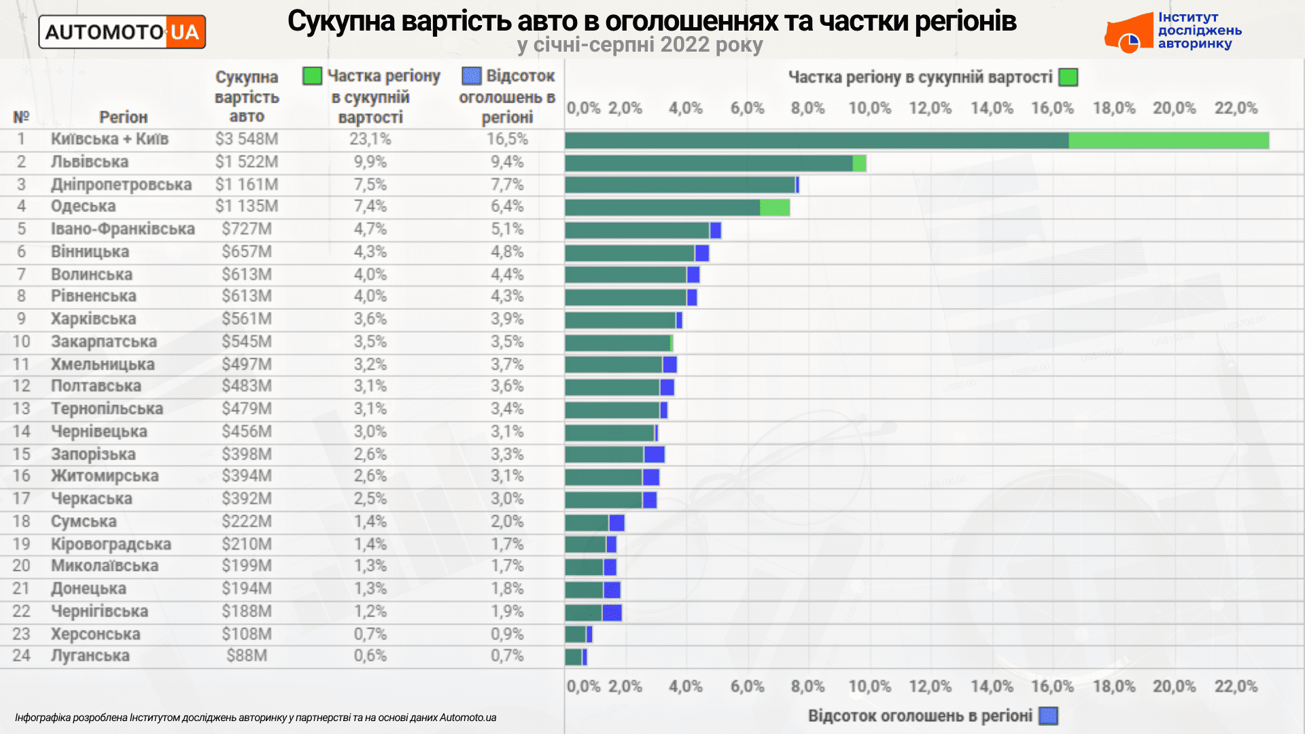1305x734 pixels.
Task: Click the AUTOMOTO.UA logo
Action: click(x=122, y=32)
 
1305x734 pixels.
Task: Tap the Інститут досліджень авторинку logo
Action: click(x=1173, y=32)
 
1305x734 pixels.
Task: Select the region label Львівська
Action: click(x=90, y=162)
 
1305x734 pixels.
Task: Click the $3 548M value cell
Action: click(x=246, y=139)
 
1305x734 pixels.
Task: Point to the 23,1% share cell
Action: click(x=370, y=139)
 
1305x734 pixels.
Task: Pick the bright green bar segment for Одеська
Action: click(x=774, y=207)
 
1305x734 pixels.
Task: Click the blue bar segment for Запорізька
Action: click(x=654, y=455)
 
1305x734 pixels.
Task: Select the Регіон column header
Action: click(x=123, y=117)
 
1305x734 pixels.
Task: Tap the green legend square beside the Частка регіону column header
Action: click(x=312, y=76)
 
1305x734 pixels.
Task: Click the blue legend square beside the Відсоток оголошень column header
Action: click(x=471, y=75)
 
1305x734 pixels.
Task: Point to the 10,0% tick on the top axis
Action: click(x=869, y=108)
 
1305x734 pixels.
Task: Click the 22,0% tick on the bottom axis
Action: click(x=1236, y=686)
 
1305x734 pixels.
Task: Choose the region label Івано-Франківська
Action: click(x=122, y=229)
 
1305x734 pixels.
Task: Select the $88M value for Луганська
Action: click(x=246, y=656)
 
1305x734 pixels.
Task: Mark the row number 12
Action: click(x=21, y=386)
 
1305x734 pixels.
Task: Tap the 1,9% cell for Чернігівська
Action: click(x=507, y=611)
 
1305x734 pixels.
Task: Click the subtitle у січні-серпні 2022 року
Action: click(x=640, y=45)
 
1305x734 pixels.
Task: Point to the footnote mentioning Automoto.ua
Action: click(x=256, y=718)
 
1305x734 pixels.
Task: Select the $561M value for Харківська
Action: click(x=246, y=319)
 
